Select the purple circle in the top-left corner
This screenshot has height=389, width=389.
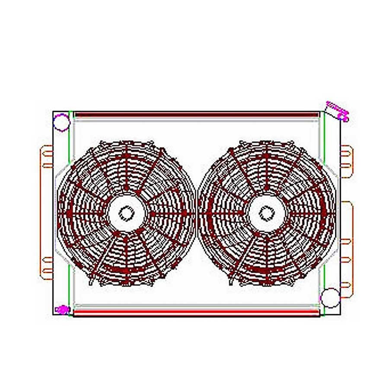tap(61, 122)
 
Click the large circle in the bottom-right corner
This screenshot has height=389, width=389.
tap(331, 297)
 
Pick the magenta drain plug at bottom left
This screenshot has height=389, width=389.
tap(63, 309)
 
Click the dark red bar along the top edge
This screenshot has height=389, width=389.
tap(197, 115)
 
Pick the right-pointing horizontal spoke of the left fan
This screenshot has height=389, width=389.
tap(169, 214)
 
